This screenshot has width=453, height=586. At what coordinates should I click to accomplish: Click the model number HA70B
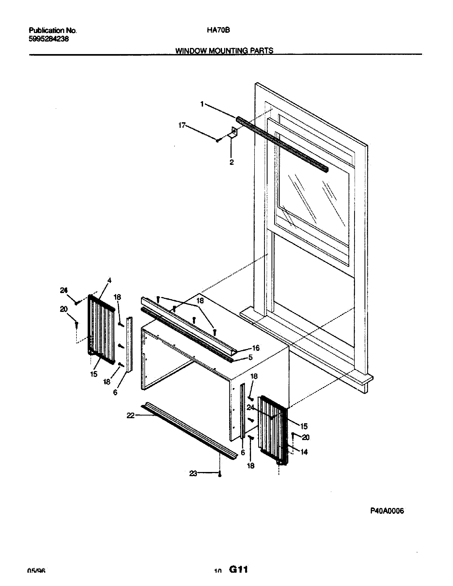pyautogui.click(x=218, y=30)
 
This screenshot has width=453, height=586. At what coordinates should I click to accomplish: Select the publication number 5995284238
pyautogui.click(x=48, y=39)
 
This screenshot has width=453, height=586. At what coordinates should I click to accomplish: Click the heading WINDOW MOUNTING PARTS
pyautogui.click(x=224, y=50)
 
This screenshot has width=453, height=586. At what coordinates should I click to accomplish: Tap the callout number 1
pyautogui.click(x=202, y=104)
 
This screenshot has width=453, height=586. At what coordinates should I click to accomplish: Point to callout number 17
pyautogui.click(x=182, y=125)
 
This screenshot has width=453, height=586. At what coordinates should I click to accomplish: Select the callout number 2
pyautogui.click(x=232, y=162)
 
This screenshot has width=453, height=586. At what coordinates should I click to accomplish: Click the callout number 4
pyautogui.click(x=109, y=280)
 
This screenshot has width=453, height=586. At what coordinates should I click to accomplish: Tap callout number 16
pyautogui.click(x=256, y=348)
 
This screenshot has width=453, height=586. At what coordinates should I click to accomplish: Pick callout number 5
pyautogui.click(x=250, y=357)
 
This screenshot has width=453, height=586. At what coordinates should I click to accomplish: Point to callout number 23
pyautogui.click(x=193, y=474)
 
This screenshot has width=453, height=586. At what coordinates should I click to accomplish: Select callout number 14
pyautogui.click(x=304, y=452)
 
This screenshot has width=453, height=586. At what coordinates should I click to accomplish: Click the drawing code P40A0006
pyautogui.click(x=387, y=511)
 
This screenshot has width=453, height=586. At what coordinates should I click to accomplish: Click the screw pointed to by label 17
pyautogui.click(x=218, y=140)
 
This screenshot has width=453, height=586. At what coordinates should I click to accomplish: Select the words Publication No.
pyautogui.click(x=52, y=30)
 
